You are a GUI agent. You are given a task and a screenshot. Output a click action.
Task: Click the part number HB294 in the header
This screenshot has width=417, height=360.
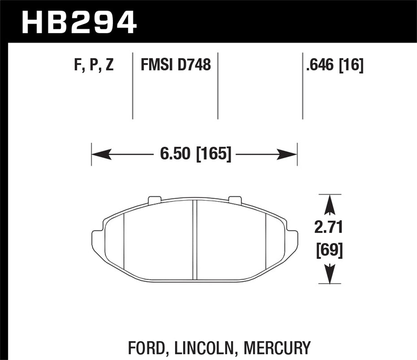click(79, 22)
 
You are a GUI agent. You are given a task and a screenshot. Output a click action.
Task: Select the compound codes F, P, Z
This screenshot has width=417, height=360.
click(94, 65)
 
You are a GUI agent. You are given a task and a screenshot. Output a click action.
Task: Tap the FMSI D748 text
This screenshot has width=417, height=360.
click(176, 65)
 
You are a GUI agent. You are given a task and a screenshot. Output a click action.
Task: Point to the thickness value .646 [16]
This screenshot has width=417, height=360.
click(334, 65)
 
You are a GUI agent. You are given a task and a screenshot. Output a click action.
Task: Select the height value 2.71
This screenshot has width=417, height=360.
click(329, 228)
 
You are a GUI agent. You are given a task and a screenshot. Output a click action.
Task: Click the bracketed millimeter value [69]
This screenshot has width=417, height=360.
click(329, 251)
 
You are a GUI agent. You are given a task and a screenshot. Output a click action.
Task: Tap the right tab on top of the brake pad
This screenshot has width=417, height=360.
click(235, 200)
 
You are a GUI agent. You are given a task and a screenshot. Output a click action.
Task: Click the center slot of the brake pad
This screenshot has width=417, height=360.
click(194, 240)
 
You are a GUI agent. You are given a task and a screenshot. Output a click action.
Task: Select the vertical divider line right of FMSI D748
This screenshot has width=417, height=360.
click(218, 86)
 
